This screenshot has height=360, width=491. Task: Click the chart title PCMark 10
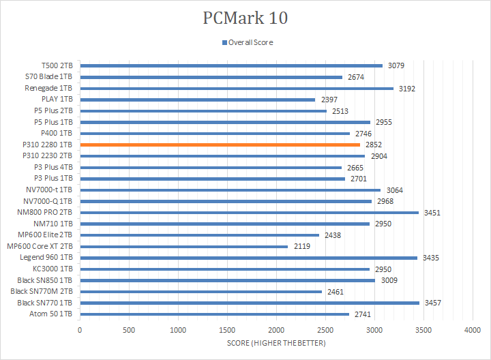tap(245, 18)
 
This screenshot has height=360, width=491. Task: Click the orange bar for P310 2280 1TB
tap(220, 145)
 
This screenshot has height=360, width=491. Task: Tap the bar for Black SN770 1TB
tap(250, 303)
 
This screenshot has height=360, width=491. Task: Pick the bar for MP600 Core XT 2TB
tap(183, 246)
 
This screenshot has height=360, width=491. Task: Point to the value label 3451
tap(432, 213)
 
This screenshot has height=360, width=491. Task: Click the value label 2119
tap(301, 246)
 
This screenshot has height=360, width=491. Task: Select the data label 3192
tap(407, 89)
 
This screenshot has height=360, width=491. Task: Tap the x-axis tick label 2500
tap(325, 330)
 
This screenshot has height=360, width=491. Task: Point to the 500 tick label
tap(129, 330)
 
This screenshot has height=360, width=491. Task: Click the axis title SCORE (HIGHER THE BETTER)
tap(276, 343)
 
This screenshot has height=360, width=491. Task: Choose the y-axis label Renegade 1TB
tap(49, 88)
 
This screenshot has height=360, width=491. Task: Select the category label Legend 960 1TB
tap(48, 258)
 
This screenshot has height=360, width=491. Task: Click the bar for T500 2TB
tap(231, 65)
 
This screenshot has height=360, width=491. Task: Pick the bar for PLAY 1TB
tap(198, 100)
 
